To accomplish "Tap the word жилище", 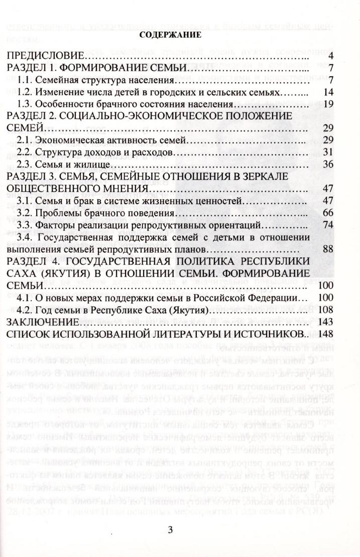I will click(x=100, y=164).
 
